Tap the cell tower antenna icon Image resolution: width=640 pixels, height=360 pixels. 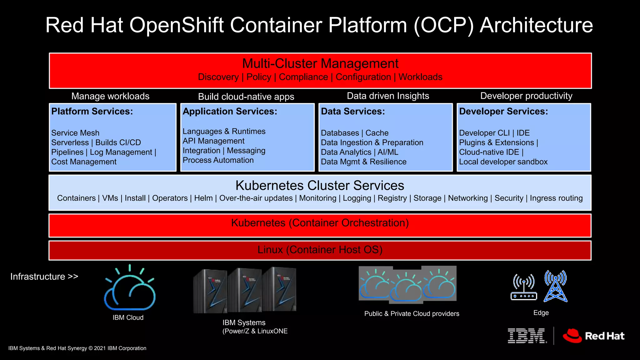(x=555, y=286)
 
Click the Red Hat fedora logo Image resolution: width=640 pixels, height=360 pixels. (x=572, y=336)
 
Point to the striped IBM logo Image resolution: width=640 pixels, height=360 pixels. (x=527, y=336)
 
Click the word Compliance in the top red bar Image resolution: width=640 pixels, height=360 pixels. (x=303, y=77)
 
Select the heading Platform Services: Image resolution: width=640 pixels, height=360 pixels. (x=92, y=111)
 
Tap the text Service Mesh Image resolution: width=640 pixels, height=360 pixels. (x=75, y=133)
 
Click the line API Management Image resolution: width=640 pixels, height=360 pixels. (x=213, y=141)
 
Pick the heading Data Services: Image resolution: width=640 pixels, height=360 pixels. (x=353, y=111)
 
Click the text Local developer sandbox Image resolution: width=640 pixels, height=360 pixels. (x=503, y=162)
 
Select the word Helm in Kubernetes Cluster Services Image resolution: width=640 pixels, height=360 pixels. (x=203, y=198)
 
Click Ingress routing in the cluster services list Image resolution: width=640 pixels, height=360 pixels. (x=556, y=198)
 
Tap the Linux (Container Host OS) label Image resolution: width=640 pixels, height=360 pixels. (x=320, y=250)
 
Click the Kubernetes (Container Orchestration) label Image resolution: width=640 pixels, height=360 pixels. (x=320, y=223)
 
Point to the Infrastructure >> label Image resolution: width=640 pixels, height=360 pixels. (x=44, y=277)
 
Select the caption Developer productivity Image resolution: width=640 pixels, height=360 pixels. (x=526, y=96)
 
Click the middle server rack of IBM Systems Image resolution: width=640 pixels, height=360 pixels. (x=244, y=290)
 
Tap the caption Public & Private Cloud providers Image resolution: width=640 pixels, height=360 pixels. (x=412, y=314)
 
